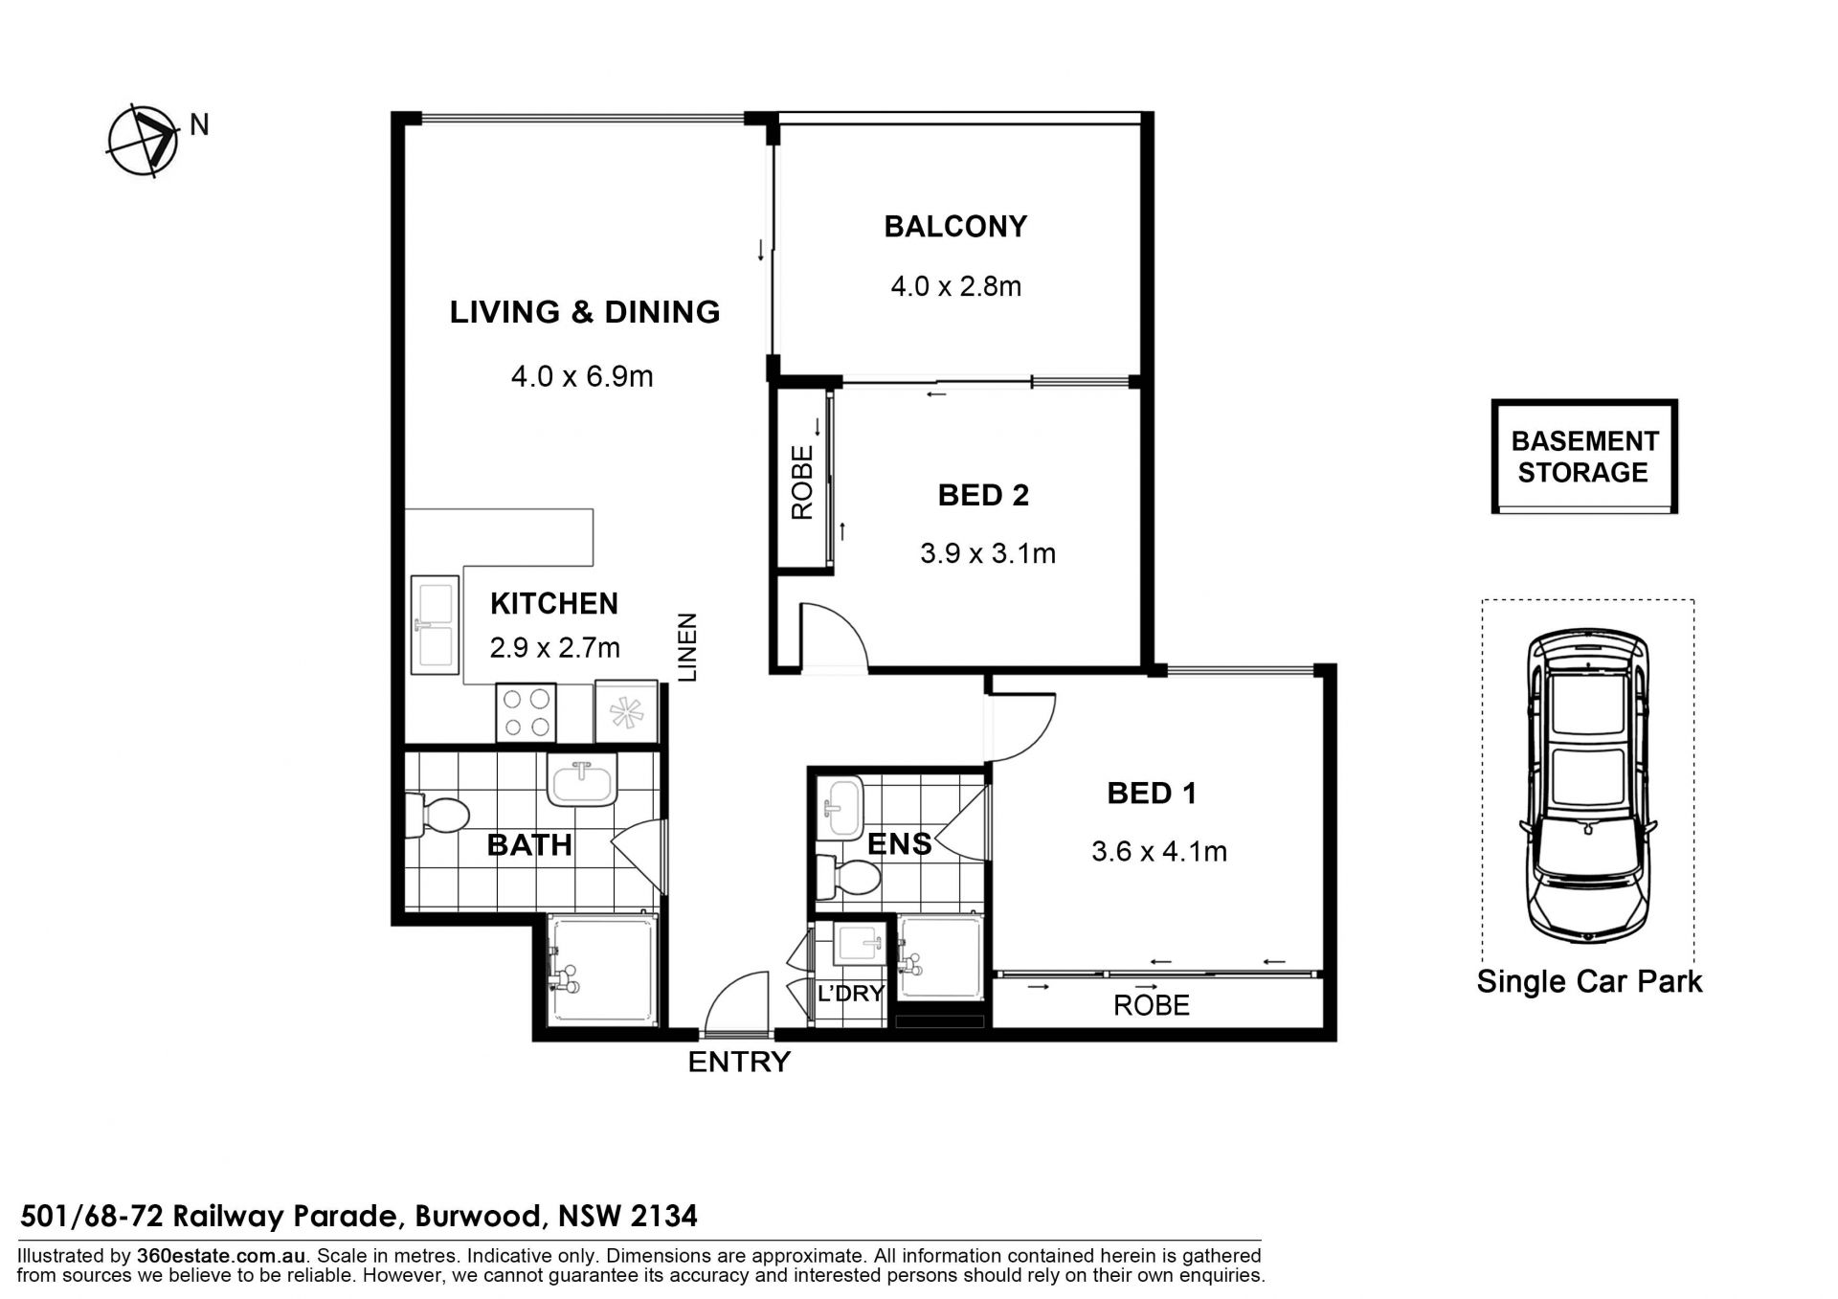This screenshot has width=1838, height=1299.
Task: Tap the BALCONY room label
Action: pos(955,227)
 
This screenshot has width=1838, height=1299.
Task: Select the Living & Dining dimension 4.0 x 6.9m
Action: pos(582,376)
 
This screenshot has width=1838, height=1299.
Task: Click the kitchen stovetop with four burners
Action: pos(527,712)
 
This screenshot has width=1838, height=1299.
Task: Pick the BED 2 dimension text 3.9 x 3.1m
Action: pos(988,553)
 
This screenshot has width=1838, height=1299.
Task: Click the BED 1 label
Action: pos(1152,793)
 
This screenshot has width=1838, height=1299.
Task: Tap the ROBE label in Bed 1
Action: pos(1152,1005)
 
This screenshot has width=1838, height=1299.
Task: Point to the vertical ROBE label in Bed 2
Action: pos(802,482)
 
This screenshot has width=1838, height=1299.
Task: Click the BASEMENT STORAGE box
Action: pos(1584,457)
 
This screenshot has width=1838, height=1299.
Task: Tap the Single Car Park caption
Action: pos(1589,981)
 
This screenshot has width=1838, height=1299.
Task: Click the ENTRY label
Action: pos(739,1062)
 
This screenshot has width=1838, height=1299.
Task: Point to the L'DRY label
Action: pos(851,994)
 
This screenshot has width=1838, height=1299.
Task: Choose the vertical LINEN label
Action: pos(688,647)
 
